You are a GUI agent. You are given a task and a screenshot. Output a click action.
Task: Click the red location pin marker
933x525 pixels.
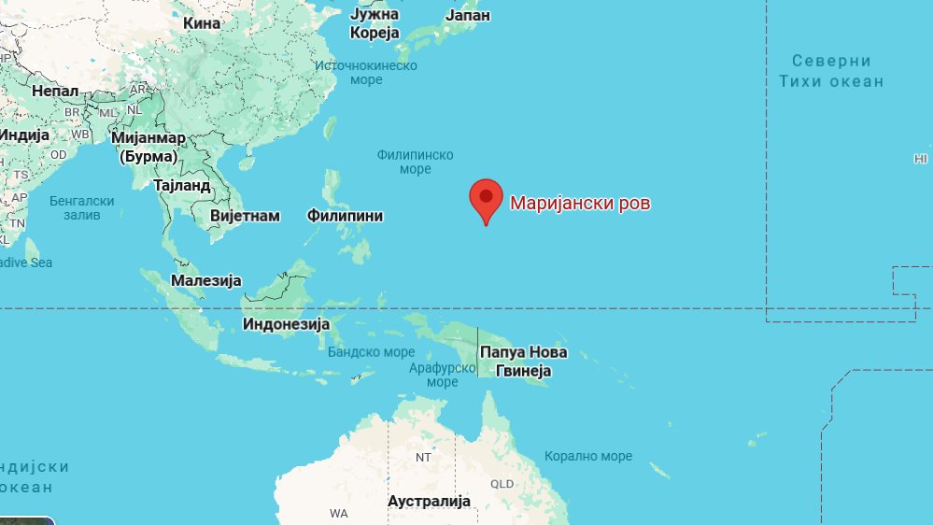coord(486,198)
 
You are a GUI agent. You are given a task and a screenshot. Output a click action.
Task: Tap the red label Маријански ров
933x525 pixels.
coord(579,203)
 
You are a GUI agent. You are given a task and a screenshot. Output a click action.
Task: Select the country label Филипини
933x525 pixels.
coord(345,216)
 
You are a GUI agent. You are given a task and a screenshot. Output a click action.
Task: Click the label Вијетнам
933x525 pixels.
coord(245,216)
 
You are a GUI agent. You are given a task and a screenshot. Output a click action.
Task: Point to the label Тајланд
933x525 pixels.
coord(182,185)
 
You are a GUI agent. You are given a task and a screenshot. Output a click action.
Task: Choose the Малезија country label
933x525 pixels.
coord(206,280)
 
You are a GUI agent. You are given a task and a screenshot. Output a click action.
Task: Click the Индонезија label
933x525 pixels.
coord(287,324)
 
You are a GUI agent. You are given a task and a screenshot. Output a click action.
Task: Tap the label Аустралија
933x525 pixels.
coord(429,502)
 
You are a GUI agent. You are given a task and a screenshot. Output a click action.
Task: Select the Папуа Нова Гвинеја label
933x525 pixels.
coord(522,362)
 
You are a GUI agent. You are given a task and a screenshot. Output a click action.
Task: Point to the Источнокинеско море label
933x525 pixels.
coord(366,73)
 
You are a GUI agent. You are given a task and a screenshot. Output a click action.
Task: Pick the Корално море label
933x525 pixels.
coord(588,456)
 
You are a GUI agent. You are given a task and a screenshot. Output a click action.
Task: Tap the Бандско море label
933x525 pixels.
coord(371,352)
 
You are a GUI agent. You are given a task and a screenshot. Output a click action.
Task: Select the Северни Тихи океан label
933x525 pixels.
coord(831,71)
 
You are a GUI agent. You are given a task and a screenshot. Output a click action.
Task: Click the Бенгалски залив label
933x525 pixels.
coord(81,208)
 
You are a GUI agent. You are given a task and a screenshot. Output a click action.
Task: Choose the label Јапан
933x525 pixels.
coord(468,16)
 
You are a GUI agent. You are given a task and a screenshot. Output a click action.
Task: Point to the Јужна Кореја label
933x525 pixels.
coord(375,23)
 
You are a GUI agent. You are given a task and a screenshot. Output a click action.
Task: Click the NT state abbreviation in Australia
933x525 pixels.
coord(423,458)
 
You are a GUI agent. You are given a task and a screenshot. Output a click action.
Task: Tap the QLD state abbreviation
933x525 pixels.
coord(502,484)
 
